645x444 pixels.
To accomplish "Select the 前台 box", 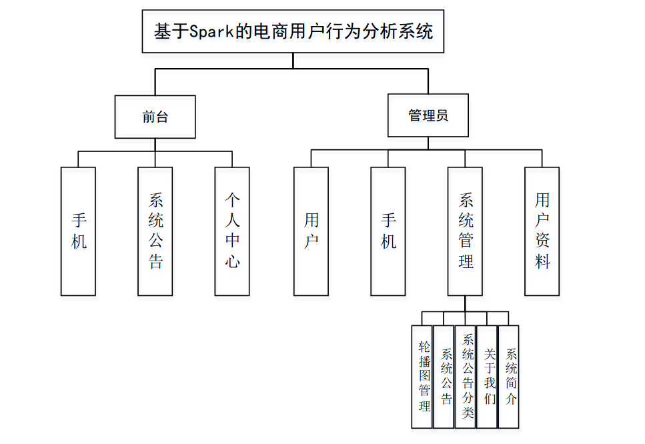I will [x=155, y=117].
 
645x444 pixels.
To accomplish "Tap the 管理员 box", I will [x=428, y=116].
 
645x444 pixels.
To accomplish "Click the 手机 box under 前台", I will [x=78, y=231].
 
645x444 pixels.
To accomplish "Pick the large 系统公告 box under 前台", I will [x=155, y=231].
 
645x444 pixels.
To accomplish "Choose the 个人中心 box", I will [x=231, y=231].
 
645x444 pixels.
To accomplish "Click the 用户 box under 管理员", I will [x=311, y=231].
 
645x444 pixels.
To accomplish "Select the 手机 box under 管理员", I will [x=388, y=231].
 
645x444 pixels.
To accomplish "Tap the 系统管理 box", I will [x=465, y=231].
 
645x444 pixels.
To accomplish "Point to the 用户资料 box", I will [x=542, y=231].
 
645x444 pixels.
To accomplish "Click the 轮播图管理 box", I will [x=423, y=376].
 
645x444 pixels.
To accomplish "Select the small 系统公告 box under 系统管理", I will [x=445, y=376].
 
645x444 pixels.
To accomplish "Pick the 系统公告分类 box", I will [x=466, y=376].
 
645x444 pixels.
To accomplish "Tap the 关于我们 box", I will [x=488, y=376].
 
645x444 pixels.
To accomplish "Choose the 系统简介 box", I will [x=510, y=376].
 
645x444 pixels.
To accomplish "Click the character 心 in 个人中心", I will [x=232, y=261].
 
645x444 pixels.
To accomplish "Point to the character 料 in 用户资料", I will [x=542, y=261].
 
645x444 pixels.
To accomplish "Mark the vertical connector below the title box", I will [x=293, y=61].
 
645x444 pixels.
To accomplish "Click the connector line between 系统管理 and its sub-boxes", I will [x=466, y=303].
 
